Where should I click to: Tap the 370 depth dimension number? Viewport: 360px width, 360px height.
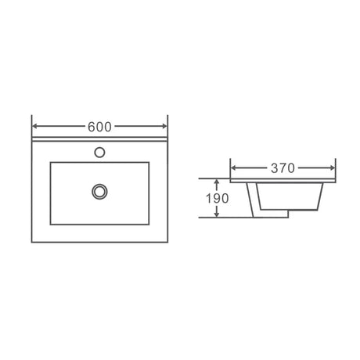[283, 167]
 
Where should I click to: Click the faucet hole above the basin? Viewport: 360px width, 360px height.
[99, 151]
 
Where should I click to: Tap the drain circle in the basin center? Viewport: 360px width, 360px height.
[99, 190]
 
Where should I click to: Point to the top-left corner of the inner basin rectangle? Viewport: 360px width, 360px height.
[50, 162]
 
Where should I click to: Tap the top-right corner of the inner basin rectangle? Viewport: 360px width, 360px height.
[149, 162]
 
